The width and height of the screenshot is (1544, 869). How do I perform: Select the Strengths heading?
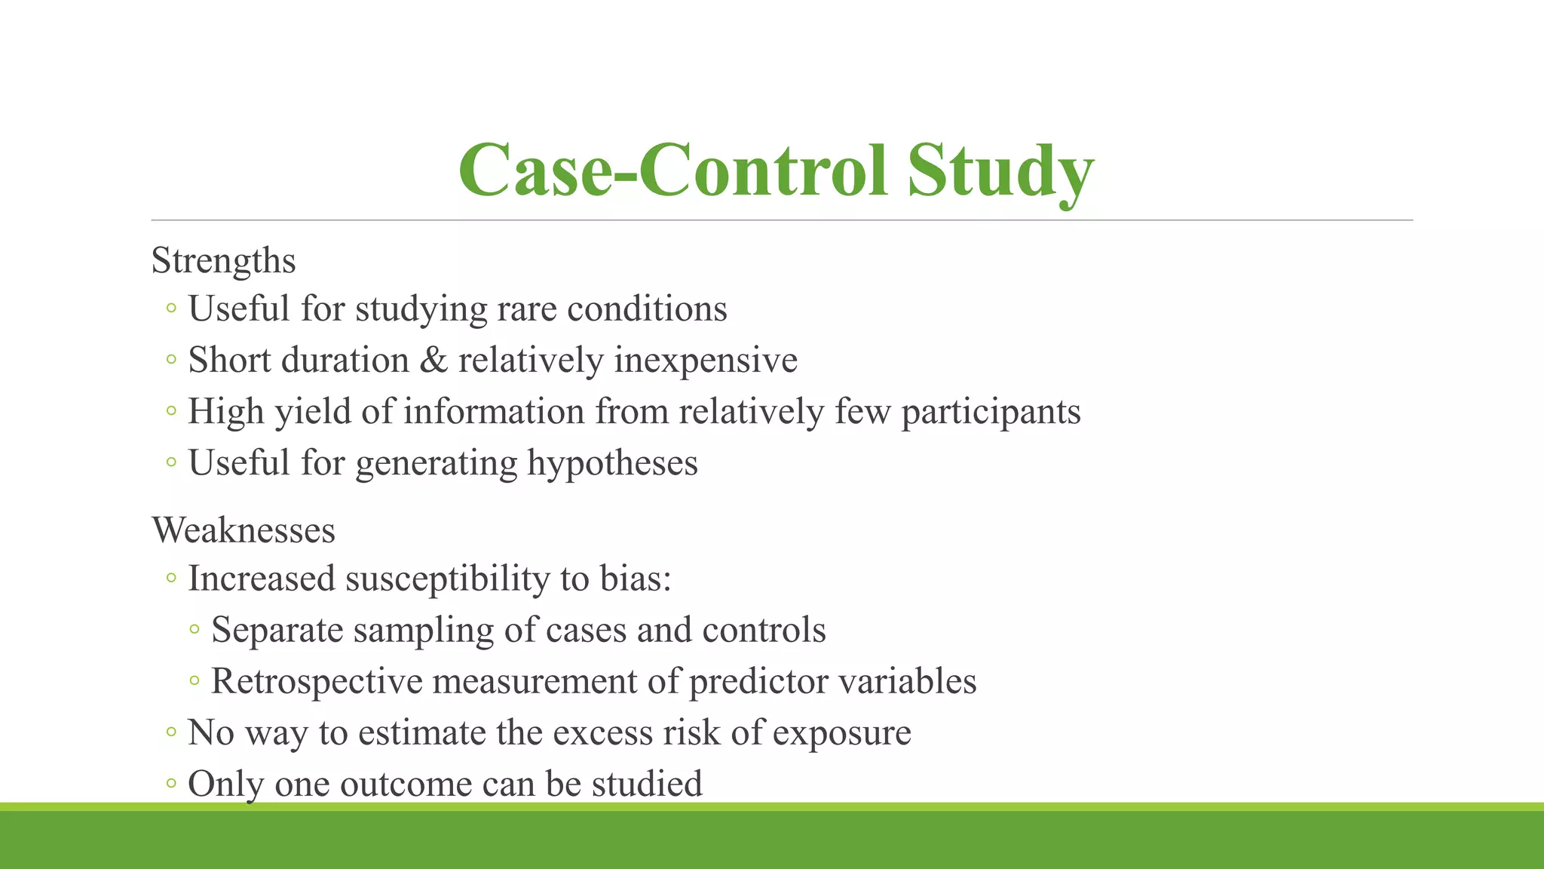click(223, 261)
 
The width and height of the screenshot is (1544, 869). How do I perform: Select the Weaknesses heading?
click(243, 530)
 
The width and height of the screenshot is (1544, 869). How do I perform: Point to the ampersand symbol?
click(433, 361)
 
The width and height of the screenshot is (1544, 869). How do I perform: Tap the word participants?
click(991, 413)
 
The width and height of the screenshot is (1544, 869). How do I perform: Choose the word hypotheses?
click(611, 463)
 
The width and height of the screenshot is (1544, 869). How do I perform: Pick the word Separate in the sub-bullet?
click(277, 631)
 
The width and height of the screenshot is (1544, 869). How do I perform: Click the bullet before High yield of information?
click(171, 412)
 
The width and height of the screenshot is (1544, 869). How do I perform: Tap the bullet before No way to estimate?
click(171, 732)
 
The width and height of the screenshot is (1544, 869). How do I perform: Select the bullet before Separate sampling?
click(195, 629)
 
